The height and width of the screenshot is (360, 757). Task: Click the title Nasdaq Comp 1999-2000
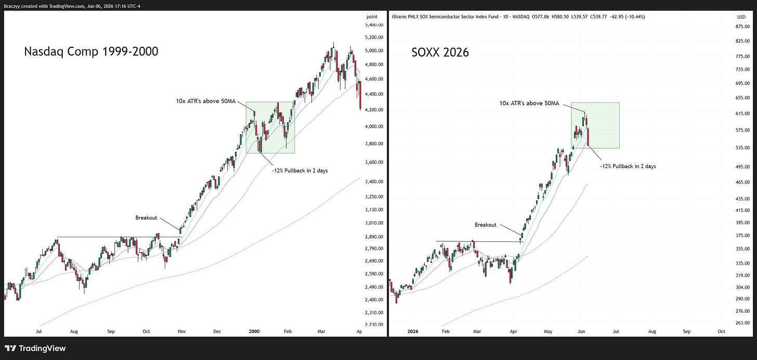(91, 52)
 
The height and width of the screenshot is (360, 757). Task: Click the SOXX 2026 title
(440, 53)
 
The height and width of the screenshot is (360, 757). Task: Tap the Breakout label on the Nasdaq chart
(146, 217)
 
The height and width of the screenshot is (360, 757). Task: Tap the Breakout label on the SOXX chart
(485, 225)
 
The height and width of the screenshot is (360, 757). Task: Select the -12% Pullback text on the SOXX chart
(628, 166)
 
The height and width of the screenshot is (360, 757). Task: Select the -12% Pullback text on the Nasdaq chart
(300, 171)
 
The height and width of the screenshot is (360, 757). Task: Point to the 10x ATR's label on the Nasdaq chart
(205, 101)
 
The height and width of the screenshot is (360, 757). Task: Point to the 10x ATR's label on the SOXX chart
(529, 103)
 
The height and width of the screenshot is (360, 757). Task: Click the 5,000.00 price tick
(374, 50)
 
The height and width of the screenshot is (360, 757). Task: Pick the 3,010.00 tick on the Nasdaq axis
(374, 223)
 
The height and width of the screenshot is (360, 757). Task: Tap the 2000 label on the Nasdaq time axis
(254, 331)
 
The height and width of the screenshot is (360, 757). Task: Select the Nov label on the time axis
(182, 331)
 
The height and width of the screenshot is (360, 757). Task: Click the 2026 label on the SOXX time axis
(413, 331)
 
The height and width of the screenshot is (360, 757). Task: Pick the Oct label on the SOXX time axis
(721, 331)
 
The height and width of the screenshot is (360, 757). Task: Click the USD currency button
(741, 17)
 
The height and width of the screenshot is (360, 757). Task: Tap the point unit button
(372, 17)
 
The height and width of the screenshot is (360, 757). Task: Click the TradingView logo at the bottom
(35, 348)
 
